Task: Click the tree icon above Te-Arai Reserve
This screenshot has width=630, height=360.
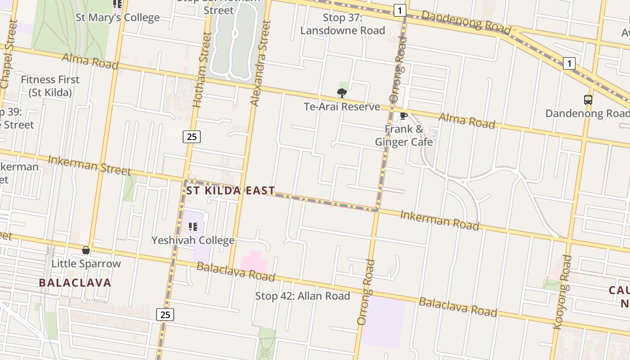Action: tap(342, 93)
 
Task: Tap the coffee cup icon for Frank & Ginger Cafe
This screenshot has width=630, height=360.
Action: tap(404, 116)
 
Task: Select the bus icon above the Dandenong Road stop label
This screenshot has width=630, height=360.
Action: tap(588, 100)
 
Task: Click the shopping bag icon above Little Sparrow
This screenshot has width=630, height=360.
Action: tap(86, 250)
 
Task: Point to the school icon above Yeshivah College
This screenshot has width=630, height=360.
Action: tap(193, 226)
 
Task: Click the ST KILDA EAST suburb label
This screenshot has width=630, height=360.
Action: tap(230, 190)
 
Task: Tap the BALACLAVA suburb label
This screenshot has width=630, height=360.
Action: tap(75, 283)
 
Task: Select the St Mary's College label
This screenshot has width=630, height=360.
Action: tap(117, 18)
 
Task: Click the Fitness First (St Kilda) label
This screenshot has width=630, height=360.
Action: tap(50, 86)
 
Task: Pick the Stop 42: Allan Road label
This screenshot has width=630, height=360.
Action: tap(302, 296)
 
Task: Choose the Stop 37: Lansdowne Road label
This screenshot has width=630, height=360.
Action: tap(342, 24)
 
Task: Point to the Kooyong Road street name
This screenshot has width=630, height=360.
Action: tap(562, 292)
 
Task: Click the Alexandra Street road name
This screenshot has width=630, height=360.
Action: tap(261, 63)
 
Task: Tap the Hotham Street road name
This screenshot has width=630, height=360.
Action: tap(202, 70)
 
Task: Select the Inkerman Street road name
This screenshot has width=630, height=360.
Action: tap(89, 165)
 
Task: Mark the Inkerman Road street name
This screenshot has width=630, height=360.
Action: tap(440, 220)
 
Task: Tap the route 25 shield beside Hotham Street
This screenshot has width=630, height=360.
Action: tap(192, 136)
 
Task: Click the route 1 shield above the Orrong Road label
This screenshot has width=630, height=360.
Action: tap(400, 10)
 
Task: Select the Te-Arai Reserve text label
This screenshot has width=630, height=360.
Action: tap(342, 107)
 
